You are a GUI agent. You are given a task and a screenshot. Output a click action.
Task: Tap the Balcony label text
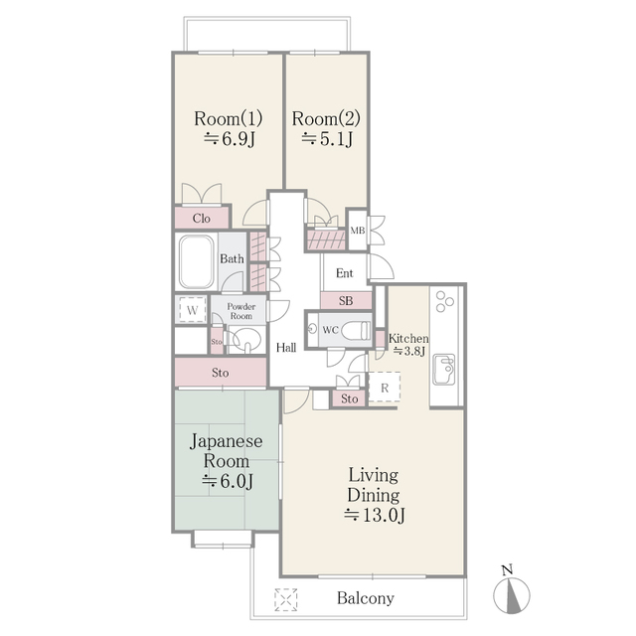click(365, 599)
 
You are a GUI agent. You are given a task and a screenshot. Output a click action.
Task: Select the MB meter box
click(357, 232)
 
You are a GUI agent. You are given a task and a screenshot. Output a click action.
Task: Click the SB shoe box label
click(346, 300)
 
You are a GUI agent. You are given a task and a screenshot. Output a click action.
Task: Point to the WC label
click(330, 329)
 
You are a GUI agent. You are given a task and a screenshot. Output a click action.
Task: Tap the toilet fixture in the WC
click(357, 330)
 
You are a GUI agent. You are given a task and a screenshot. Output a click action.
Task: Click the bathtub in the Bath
click(197, 260)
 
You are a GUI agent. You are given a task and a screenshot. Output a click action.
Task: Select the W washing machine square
click(191, 310)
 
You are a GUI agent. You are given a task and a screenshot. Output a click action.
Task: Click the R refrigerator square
click(384, 387)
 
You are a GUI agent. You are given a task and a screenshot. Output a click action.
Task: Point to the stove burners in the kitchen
click(443, 299)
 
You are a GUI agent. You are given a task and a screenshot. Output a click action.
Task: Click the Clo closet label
click(201, 218)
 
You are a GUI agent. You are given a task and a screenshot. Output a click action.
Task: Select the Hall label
click(286, 348)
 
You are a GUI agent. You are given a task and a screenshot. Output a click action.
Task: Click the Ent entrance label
click(344, 273)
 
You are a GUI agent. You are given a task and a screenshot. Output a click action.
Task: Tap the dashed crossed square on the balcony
click(287, 599)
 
